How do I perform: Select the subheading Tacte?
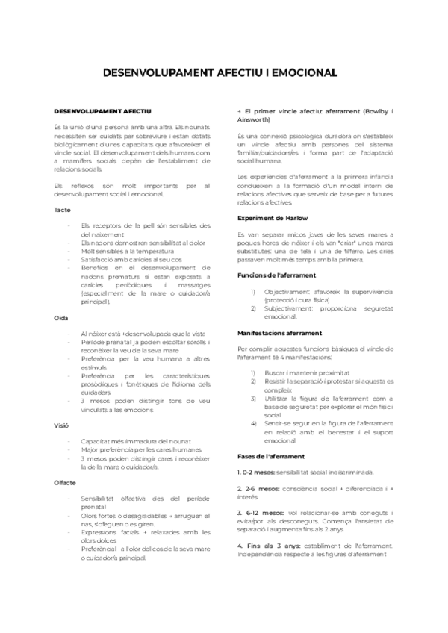pos(62,210)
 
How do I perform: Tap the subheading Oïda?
pos(61,318)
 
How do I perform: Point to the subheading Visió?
pos(62,426)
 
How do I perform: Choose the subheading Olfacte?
pos(65,483)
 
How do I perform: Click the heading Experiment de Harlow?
pos(272,218)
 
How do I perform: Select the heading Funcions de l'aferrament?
pos(276,275)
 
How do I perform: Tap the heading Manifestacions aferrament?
pos(279,332)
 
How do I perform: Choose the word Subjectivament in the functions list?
pos(289,308)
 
